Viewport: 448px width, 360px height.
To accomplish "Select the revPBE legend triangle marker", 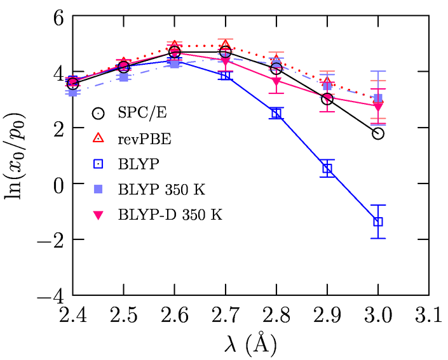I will coord(97,138).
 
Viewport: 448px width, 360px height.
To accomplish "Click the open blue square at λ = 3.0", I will coord(378,222).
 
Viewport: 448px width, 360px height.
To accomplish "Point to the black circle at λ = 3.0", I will coord(378,133).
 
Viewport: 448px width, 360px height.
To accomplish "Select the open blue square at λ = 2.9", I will coord(327,168).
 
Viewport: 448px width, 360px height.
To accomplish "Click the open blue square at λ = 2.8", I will coord(276,113).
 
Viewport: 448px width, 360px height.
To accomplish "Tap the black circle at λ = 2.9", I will coord(327,99).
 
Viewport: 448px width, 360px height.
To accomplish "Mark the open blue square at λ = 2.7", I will coord(226,75).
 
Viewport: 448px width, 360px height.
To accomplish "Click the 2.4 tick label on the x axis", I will coord(73,316).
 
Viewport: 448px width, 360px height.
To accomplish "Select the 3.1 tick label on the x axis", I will coord(429,316).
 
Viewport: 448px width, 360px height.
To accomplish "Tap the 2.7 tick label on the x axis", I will coord(226,316).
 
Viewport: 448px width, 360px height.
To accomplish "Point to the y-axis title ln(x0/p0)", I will coord(19,156).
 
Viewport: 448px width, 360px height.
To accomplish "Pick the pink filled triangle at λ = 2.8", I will coord(276,82).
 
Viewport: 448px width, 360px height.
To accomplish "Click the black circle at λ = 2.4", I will coord(73,84).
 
